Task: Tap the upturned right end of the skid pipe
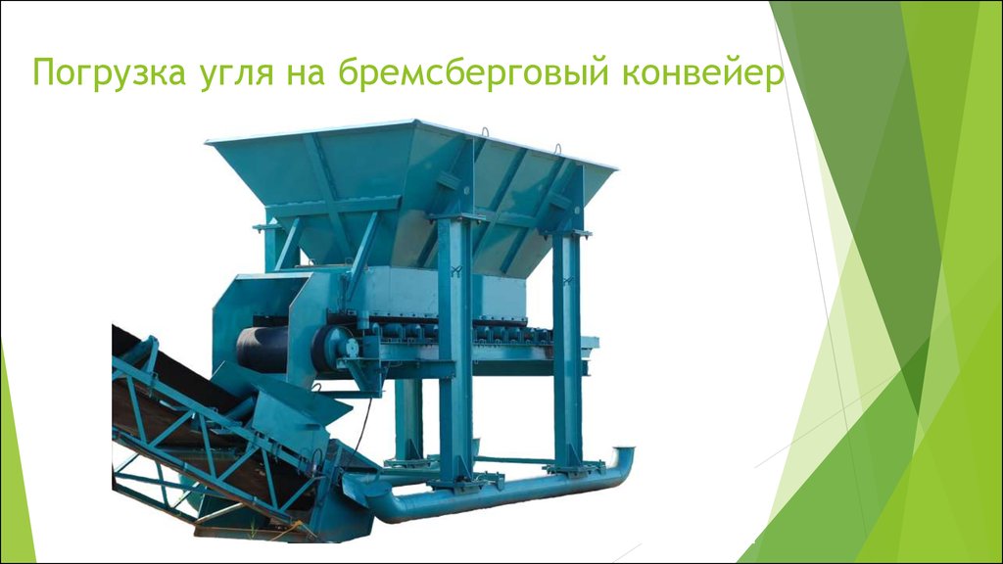pos(624,460)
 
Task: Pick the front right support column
pos(567,343)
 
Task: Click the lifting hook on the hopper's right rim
pos(559,149)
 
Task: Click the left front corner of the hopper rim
pos(209,143)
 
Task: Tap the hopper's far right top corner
pos(614,168)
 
